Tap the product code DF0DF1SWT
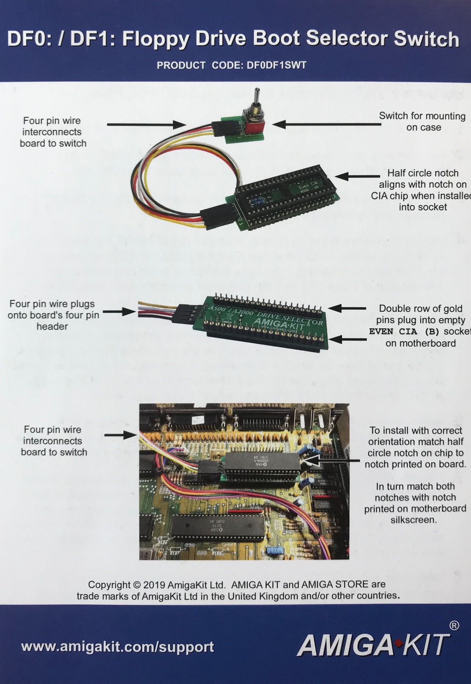point(276,65)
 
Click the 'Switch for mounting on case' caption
point(422,121)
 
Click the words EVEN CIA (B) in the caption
point(404,332)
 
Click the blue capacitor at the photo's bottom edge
point(275,550)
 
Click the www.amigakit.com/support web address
point(117,646)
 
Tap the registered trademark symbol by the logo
point(454,625)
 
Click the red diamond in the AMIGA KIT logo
point(398,644)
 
